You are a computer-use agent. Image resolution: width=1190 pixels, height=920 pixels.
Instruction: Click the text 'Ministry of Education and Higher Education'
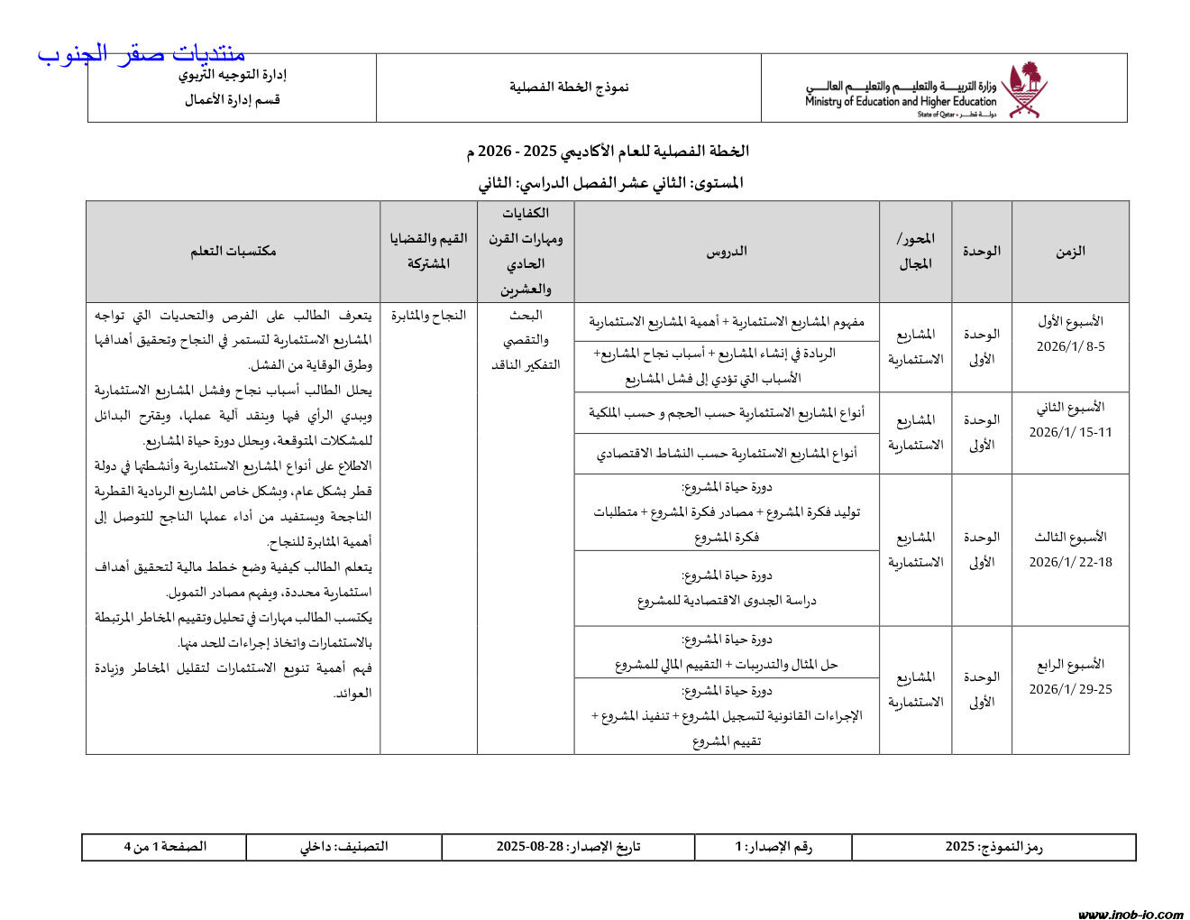901,102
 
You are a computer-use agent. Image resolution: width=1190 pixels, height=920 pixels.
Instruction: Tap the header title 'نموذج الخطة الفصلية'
569,87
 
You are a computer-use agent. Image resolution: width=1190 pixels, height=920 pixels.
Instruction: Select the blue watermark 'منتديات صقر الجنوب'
142,54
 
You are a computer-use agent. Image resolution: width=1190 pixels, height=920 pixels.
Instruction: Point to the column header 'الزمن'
1070,252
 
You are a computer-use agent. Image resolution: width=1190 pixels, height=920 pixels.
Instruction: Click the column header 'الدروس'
727,252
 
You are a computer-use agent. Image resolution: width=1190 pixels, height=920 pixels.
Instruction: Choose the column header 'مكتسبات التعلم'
233,252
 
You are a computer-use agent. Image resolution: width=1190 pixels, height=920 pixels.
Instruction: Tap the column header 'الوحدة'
981,252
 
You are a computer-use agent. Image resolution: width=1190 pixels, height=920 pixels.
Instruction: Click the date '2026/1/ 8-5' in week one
1070,346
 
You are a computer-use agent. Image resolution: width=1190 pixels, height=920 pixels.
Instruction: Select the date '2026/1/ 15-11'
1070,432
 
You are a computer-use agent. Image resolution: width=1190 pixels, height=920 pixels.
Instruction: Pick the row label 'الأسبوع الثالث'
1070,537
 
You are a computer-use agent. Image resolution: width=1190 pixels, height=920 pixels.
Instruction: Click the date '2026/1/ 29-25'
1070,689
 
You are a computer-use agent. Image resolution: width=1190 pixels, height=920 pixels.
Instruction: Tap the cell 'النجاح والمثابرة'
428,316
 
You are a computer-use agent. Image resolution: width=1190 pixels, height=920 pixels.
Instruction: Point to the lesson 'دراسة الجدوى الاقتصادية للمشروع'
727,601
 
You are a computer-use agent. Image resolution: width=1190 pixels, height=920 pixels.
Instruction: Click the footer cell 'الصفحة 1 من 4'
165,847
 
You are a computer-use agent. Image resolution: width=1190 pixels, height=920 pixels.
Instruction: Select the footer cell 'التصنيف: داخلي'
343,847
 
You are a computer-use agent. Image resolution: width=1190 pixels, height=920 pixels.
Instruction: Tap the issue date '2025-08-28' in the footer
530,847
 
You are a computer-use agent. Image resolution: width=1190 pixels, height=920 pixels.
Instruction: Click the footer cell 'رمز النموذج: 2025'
993,847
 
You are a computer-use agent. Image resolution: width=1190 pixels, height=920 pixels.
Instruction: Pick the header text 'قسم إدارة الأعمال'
233,100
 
